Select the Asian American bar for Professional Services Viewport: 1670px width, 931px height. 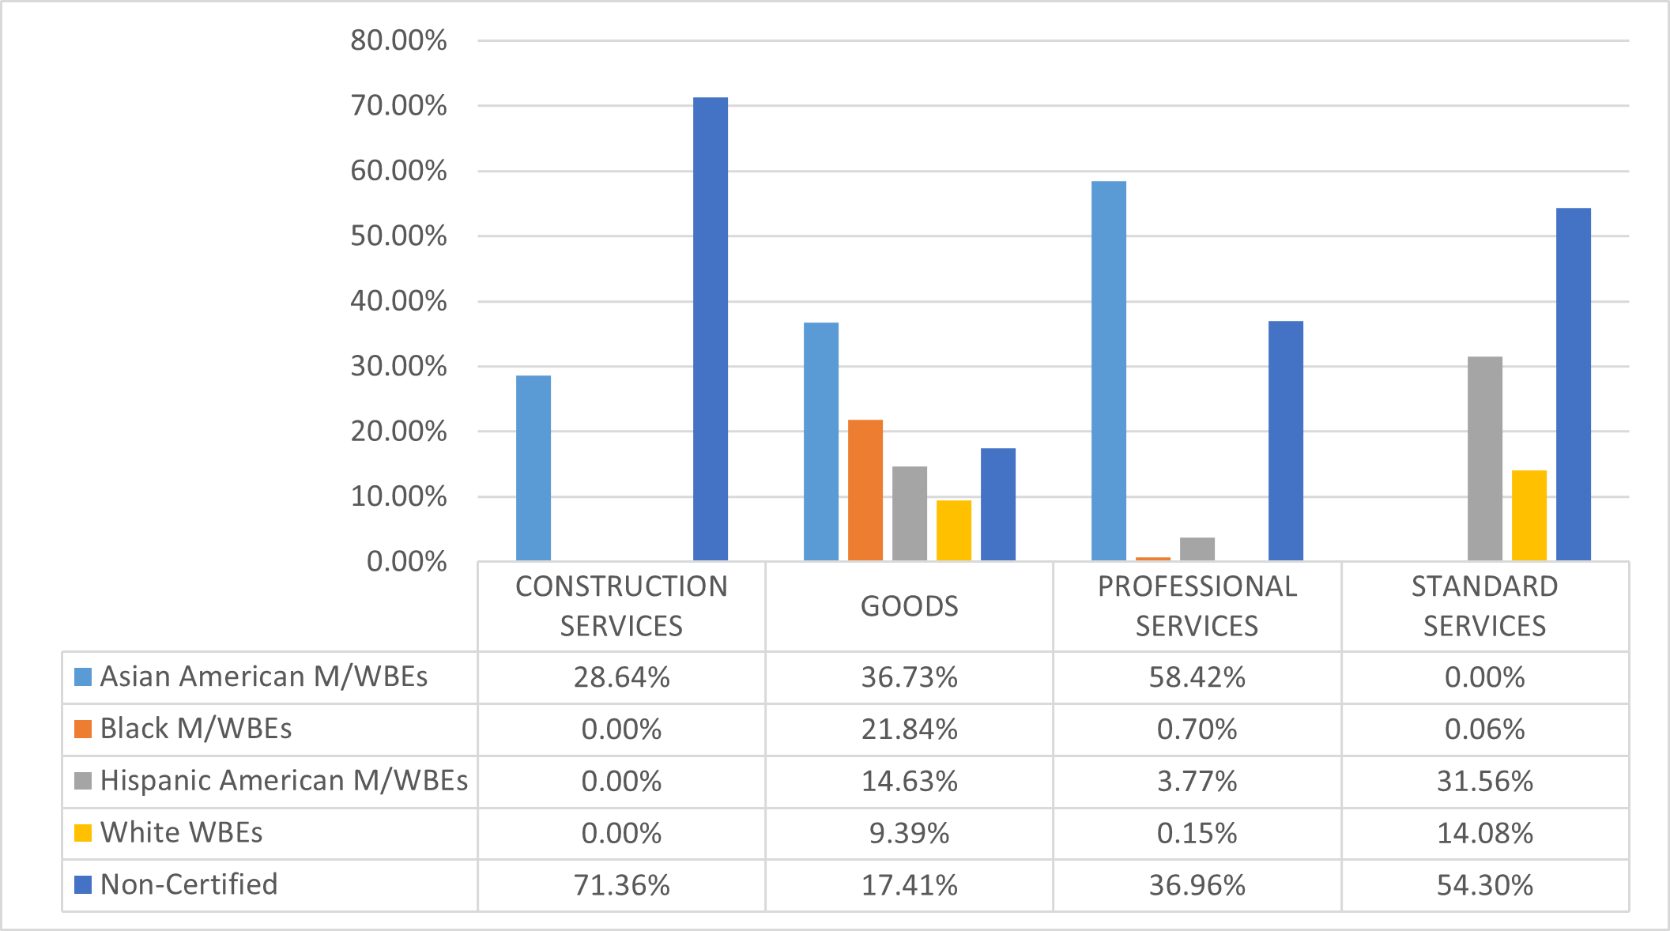pyautogui.click(x=1108, y=371)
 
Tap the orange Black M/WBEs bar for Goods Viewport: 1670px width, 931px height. pyautogui.click(x=865, y=490)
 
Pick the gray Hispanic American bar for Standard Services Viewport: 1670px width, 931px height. pyautogui.click(x=1484, y=458)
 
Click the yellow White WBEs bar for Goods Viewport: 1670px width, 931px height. pyautogui.click(x=953, y=530)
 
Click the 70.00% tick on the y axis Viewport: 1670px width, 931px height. pyautogui.click(x=398, y=106)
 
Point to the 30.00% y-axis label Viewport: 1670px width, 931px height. pyautogui.click(x=398, y=367)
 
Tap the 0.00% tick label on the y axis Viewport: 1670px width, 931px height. pyautogui.click(x=406, y=562)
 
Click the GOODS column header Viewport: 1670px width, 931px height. pyautogui.click(x=909, y=606)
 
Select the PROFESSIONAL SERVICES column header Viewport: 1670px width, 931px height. pyautogui.click(x=1197, y=606)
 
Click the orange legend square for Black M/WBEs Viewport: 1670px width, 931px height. pyautogui.click(x=83, y=729)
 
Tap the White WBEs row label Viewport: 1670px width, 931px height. pyautogui.click(x=181, y=833)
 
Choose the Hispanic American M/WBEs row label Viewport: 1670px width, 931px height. pyautogui.click(x=284, y=781)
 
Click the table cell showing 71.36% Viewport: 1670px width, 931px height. pyautogui.click(x=621, y=885)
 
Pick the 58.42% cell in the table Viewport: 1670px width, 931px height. pyautogui.click(x=1197, y=677)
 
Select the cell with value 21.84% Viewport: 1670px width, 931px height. pyautogui.click(x=909, y=729)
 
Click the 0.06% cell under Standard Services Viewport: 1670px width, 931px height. pyautogui.click(x=1484, y=729)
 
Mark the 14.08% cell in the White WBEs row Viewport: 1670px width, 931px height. pyautogui.click(x=1484, y=833)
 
